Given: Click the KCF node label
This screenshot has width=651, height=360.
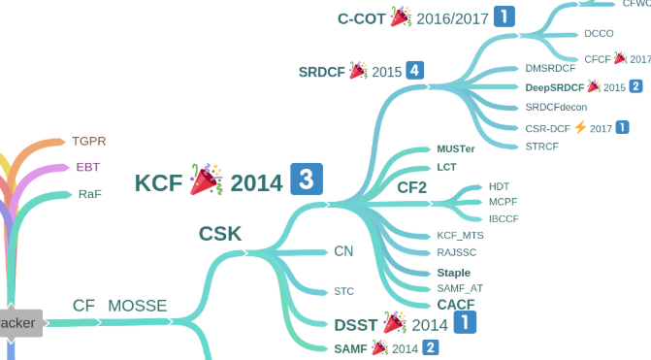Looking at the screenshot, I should [158, 181].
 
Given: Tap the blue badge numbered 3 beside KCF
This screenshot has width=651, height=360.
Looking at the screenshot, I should [306, 180].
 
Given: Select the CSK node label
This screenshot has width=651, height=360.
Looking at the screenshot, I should [220, 233].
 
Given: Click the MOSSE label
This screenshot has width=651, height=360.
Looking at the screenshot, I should [137, 306].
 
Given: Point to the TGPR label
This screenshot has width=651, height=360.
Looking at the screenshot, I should [89, 141].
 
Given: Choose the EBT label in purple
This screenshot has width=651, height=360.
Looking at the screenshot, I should [87, 167].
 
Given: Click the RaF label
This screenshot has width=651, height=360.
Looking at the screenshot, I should [89, 193].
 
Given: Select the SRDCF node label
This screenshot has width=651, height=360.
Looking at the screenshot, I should [321, 71].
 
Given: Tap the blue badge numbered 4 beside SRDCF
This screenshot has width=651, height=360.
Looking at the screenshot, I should [415, 70].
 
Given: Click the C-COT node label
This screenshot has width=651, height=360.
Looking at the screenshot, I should [362, 17].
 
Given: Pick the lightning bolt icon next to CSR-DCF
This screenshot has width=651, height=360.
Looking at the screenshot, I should [580, 127].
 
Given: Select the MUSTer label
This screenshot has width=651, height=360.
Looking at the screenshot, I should [456, 149].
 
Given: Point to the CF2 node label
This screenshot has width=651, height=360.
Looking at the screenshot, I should [412, 186].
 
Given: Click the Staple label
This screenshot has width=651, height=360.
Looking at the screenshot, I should [453, 273].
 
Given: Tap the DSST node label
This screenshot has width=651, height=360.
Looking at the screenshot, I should [355, 324].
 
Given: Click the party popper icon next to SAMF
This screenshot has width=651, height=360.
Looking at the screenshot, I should [379, 347].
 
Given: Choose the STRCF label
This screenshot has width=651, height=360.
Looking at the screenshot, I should [542, 147].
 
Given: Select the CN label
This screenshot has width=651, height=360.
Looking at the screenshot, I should [343, 251].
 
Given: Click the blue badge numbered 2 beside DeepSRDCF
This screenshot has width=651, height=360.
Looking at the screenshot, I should [635, 86].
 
